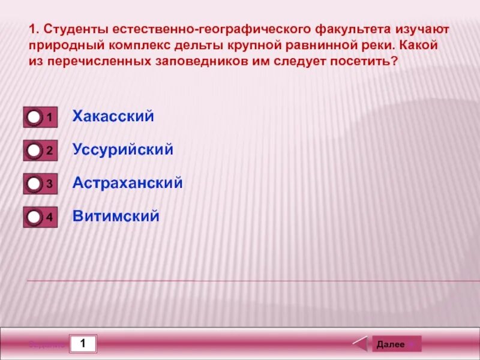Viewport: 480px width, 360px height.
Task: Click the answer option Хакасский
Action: [x=113, y=116]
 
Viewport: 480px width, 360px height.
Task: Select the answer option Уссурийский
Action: [x=122, y=150]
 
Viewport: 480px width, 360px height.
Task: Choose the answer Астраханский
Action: [x=127, y=183]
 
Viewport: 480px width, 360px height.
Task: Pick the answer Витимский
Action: [x=116, y=217]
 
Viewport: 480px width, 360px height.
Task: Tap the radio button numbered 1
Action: [x=34, y=117]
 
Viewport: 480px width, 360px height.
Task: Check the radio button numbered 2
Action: [x=34, y=151]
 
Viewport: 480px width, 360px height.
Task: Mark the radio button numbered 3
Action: [x=34, y=184]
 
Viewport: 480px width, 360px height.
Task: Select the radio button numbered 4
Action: [x=34, y=217]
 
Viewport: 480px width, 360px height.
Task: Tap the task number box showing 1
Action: [x=83, y=344]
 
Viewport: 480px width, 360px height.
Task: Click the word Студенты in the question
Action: [x=73, y=29]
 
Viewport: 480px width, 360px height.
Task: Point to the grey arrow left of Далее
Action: [x=360, y=344]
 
